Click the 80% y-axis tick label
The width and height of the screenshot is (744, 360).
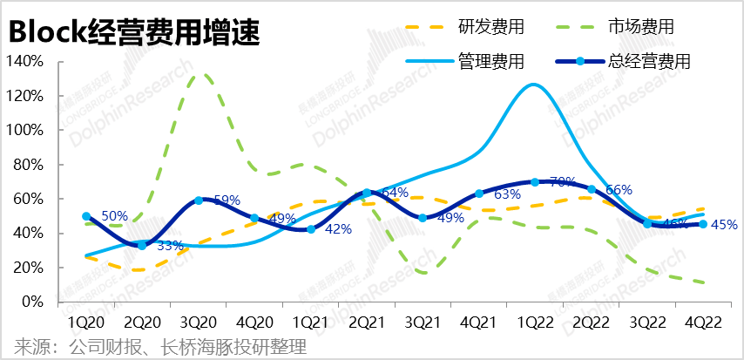(x=28, y=164)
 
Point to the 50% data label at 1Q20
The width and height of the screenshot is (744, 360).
(x=115, y=216)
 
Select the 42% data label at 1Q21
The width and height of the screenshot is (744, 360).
(x=338, y=229)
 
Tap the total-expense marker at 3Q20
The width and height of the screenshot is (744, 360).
(x=199, y=200)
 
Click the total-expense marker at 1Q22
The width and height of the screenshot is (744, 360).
(x=534, y=182)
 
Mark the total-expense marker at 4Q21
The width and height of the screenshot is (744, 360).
(x=478, y=194)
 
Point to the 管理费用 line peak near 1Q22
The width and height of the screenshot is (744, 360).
(x=534, y=85)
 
